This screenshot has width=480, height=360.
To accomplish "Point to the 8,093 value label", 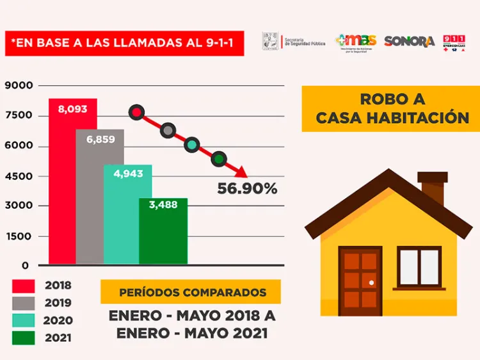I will click(72, 109).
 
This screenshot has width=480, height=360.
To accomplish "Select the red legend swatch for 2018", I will click(23, 286).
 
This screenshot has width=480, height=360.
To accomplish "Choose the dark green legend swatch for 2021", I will click(23, 338).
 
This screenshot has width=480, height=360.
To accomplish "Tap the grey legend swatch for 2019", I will click(23, 303).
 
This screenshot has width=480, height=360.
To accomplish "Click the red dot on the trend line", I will click(136, 113).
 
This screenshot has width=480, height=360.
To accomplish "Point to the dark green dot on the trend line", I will click(218, 159).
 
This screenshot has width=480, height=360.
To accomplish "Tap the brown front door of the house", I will click(360, 280).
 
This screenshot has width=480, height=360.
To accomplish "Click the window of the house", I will click(420, 267).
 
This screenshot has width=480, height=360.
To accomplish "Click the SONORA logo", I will click(410, 41).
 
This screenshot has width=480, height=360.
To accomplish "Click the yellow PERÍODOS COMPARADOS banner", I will click(191, 292).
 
